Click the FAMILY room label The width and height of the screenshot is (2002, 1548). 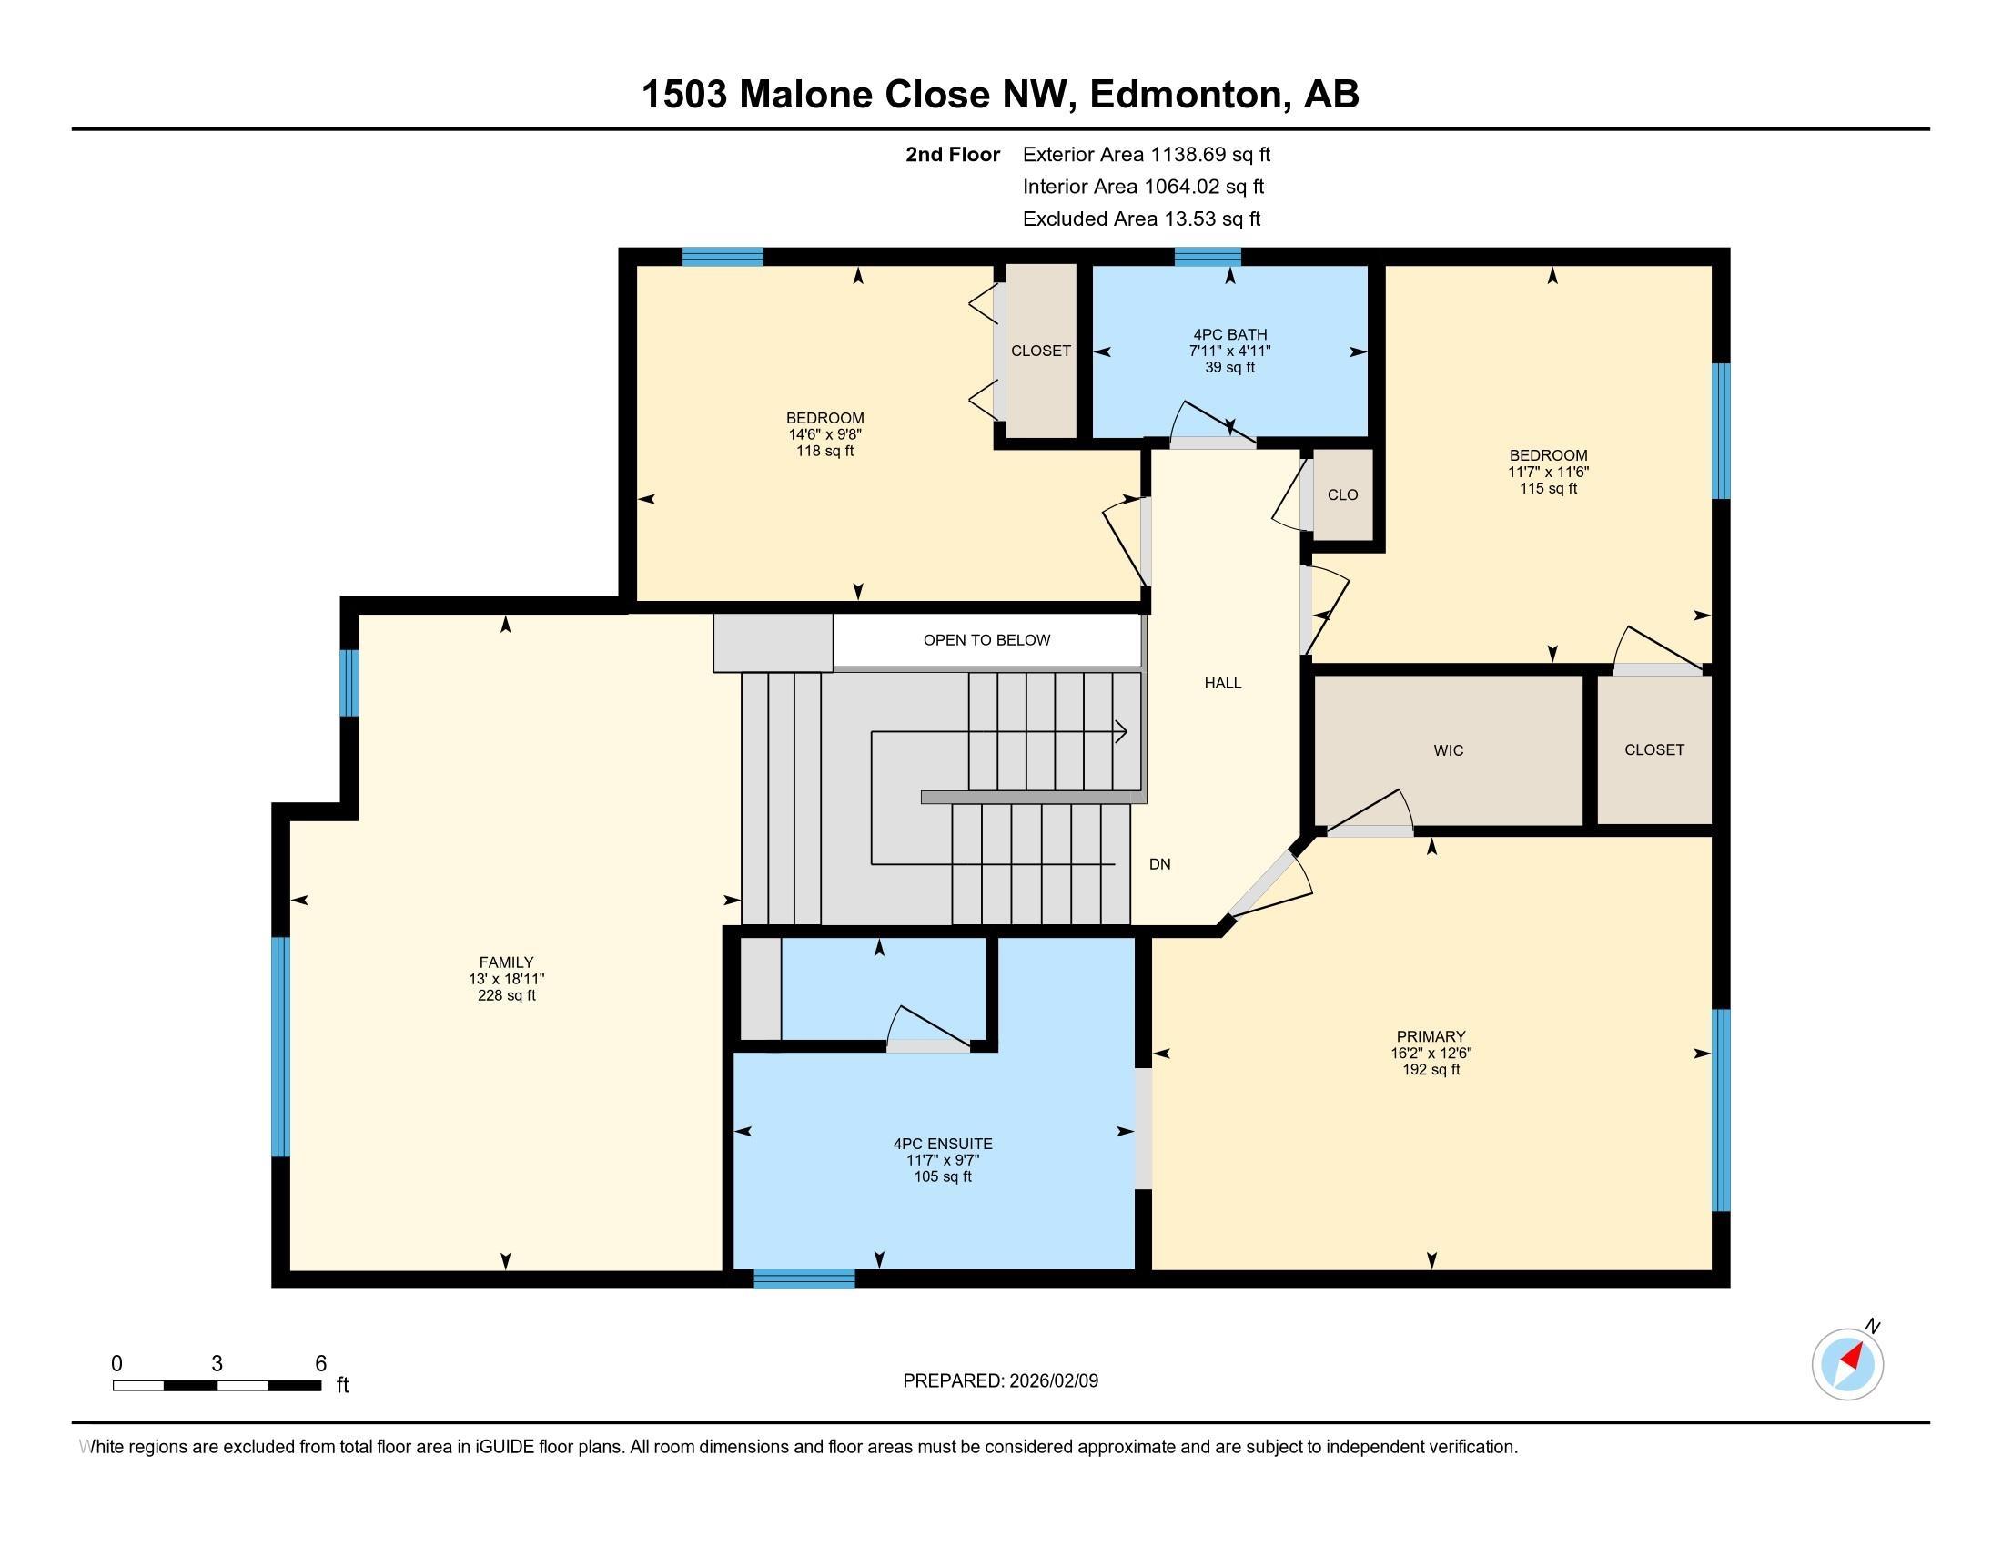(506, 962)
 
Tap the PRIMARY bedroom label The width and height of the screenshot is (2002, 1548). (1431, 1036)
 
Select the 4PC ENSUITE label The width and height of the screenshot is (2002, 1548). (943, 1144)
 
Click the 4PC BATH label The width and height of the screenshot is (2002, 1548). (1229, 335)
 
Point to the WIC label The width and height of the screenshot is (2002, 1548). (1449, 750)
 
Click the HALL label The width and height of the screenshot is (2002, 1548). (1223, 682)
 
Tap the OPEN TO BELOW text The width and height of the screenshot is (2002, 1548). (986, 640)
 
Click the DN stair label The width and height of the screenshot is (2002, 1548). (1159, 864)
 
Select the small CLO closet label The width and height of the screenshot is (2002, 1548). (1342, 495)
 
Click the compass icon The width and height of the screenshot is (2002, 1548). (1847, 1364)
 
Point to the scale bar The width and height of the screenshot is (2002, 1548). (217, 1385)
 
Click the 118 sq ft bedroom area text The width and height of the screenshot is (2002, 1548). (825, 451)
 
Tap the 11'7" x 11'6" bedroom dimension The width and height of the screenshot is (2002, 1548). (1548, 473)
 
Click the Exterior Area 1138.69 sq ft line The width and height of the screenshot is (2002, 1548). (1147, 154)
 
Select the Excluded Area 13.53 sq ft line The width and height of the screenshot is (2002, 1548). (1141, 219)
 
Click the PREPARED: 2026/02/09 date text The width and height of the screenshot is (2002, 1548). (1000, 1380)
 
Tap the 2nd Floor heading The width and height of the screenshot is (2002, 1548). (953, 154)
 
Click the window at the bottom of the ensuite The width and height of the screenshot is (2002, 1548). (804, 1278)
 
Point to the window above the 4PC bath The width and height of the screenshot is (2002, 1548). (1208, 257)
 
